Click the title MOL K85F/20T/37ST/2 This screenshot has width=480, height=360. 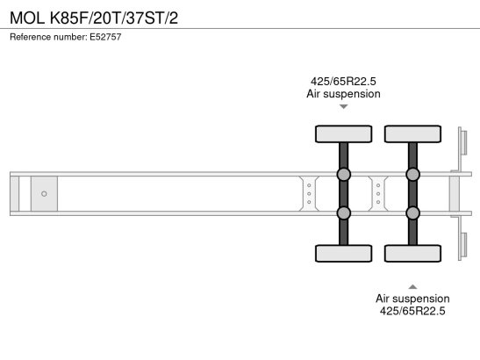pos(94,18)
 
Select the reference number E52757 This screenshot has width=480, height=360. pos(105,37)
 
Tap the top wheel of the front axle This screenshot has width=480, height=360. pos(343,133)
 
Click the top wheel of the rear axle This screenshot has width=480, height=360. pos(412,133)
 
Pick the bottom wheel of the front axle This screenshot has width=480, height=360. pos(343,254)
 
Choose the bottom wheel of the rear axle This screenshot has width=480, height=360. pos(412,254)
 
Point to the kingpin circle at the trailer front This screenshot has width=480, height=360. pos(44,194)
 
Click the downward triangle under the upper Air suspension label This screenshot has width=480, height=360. pos(343,106)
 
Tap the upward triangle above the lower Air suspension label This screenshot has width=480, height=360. pos(412,287)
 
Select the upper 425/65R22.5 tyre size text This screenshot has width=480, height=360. pos(343,82)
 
